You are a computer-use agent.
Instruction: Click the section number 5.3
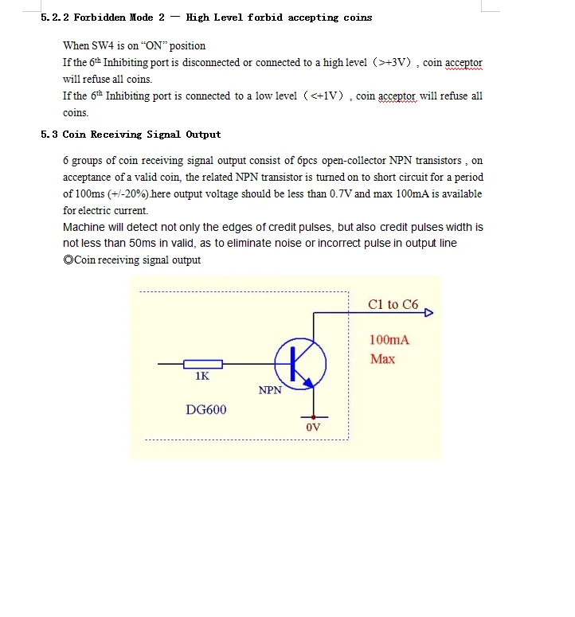point(49,135)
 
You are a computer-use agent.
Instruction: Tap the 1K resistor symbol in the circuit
point(203,364)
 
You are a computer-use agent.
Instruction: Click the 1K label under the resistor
point(202,377)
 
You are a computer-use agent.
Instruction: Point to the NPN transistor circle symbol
point(300,363)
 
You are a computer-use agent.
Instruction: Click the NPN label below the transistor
point(270,390)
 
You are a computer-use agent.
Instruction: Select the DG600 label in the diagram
point(205,410)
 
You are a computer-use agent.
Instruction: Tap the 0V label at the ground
point(313,428)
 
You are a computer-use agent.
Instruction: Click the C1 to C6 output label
point(393,305)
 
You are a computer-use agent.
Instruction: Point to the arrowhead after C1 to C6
point(428,313)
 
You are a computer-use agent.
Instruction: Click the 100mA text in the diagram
point(389,340)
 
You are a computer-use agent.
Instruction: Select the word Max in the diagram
point(382,359)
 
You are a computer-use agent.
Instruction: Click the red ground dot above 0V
point(314,416)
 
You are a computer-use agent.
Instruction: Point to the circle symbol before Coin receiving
point(68,260)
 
